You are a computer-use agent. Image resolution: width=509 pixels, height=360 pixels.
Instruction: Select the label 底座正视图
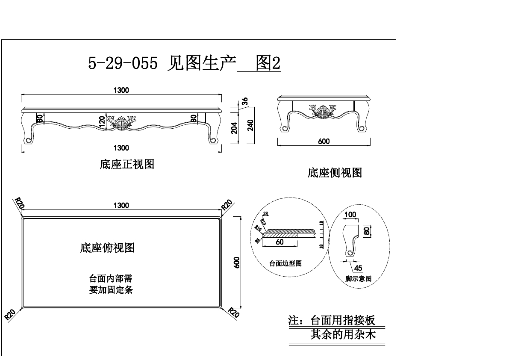pos(127,164)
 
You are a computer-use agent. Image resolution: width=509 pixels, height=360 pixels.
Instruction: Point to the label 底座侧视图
pos(335,173)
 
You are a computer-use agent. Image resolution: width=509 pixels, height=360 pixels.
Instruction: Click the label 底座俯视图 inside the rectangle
pos(107,248)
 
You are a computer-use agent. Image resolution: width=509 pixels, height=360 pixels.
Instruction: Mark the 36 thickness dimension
pos(245,101)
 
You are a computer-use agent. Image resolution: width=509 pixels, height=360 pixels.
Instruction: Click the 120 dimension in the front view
pos(102,121)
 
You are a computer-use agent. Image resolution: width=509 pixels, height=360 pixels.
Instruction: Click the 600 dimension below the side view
pos(324,141)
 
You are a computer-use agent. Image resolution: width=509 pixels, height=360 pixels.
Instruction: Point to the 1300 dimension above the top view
pos(121,206)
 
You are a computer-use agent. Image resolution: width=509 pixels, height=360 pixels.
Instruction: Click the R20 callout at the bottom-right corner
pos(233,313)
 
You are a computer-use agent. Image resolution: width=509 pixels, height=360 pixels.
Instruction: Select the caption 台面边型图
pos(285,263)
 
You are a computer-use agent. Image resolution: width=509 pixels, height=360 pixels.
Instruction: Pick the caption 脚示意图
pos(358,279)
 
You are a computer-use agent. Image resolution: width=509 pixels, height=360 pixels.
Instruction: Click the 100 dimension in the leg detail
pos(350,214)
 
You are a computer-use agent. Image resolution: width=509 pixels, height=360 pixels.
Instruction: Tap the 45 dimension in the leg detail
pos(358,268)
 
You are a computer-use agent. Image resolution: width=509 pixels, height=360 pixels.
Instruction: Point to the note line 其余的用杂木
pos(343,334)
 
